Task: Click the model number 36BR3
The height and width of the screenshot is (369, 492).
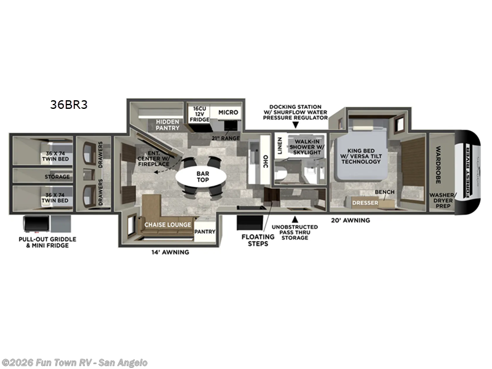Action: [x=69, y=105]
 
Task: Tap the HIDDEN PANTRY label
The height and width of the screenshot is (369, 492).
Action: [x=167, y=125]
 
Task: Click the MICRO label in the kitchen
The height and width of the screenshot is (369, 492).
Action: [x=228, y=113]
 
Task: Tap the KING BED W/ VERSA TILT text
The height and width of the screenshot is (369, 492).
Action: [x=363, y=157]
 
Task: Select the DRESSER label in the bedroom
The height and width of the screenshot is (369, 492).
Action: [x=365, y=202]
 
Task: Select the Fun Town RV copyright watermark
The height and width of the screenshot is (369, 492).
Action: [x=74, y=363]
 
